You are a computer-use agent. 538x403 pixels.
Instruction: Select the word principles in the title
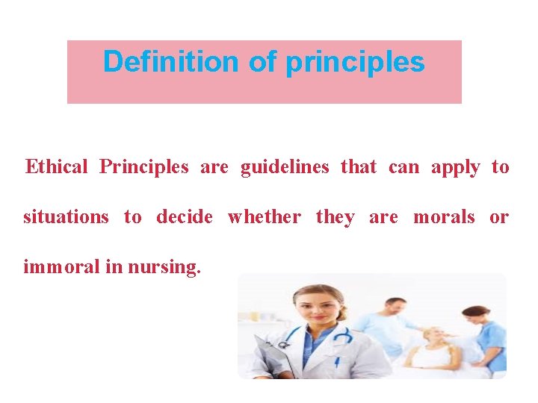[x=355, y=63]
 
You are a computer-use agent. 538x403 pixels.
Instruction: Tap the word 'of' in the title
[x=262, y=62]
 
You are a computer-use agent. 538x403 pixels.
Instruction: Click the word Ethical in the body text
[x=56, y=166]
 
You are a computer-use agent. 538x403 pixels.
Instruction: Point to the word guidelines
[x=284, y=166]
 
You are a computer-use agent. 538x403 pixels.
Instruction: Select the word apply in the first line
[x=455, y=167]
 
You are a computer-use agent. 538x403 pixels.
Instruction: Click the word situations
[x=66, y=217]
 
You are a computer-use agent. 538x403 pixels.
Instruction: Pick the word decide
[x=184, y=217]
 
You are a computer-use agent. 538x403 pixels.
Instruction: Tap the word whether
[x=264, y=217]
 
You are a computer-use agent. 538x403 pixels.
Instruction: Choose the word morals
[x=444, y=217]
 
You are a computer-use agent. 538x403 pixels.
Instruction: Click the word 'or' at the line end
[x=498, y=217]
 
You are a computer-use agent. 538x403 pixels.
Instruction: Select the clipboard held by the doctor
[x=271, y=358]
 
